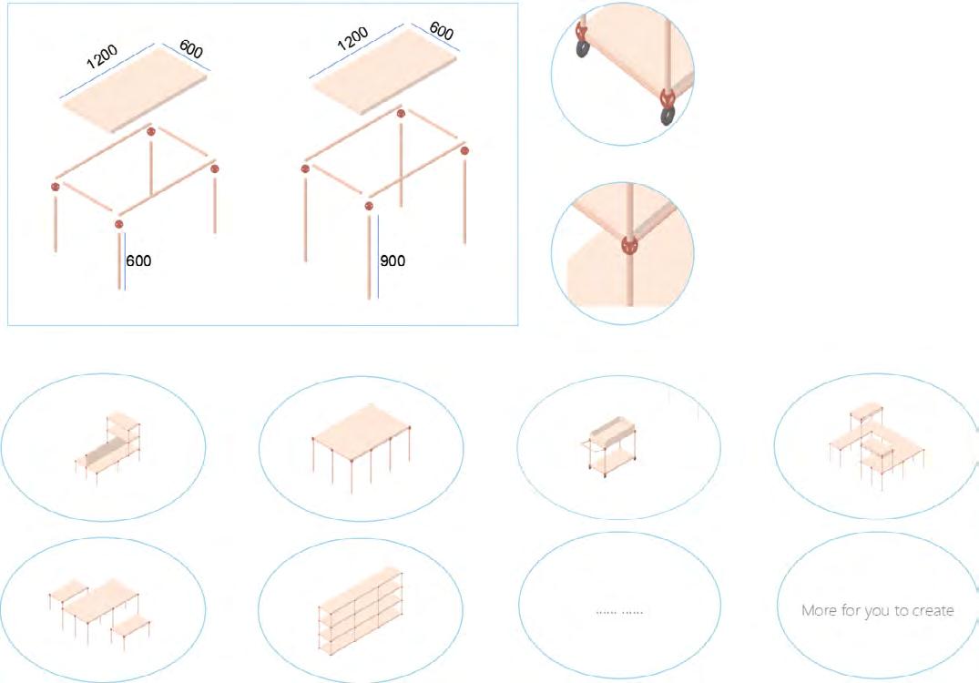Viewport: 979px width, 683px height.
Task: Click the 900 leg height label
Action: tap(393, 260)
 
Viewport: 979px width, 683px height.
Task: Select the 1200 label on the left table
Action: tap(102, 56)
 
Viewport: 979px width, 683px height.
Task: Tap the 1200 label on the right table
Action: tap(352, 39)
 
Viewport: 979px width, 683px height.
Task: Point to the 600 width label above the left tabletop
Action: tap(191, 48)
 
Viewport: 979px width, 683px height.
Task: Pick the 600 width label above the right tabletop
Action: tap(442, 31)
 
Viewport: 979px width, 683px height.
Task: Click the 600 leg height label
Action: tap(138, 260)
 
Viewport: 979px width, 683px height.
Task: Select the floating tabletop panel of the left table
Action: tap(134, 90)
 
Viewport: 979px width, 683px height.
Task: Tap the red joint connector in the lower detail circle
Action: tap(630, 245)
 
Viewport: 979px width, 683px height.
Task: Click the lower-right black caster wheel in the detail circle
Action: tap(668, 116)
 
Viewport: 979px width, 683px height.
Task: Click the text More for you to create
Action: tap(877, 610)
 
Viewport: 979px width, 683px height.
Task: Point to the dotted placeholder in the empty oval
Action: tap(618, 612)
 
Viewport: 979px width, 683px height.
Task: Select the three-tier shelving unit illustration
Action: tap(361, 611)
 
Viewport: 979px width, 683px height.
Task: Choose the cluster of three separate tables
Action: tap(100, 610)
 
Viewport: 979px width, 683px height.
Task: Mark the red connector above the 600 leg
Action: tap(118, 223)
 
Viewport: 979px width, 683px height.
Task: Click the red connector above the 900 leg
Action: tap(368, 206)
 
